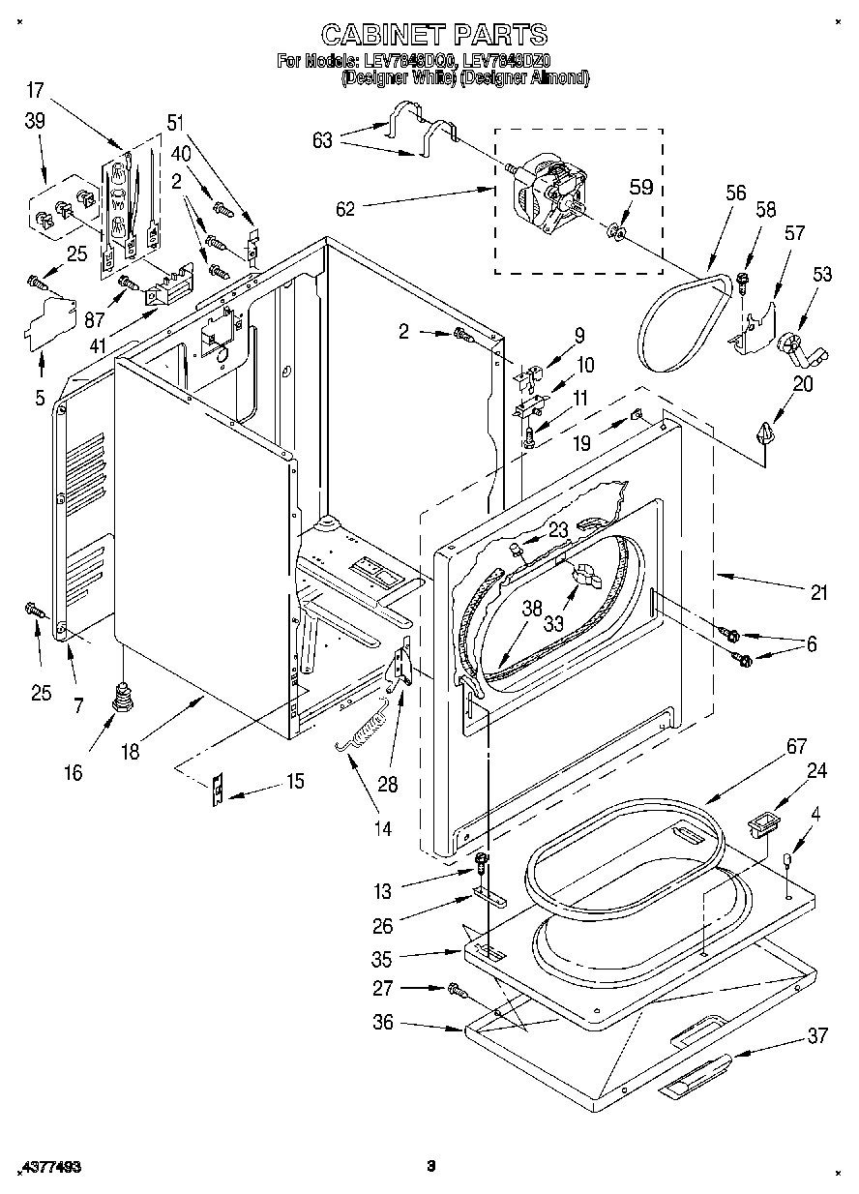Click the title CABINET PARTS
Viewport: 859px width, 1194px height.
(433, 36)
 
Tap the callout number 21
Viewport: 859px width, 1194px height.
(818, 593)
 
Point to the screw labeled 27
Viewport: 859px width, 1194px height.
(456, 990)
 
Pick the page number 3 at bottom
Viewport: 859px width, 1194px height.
(431, 1166)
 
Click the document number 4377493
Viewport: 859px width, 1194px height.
(49, 1168)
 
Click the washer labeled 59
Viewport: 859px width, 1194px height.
(615, 232)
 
